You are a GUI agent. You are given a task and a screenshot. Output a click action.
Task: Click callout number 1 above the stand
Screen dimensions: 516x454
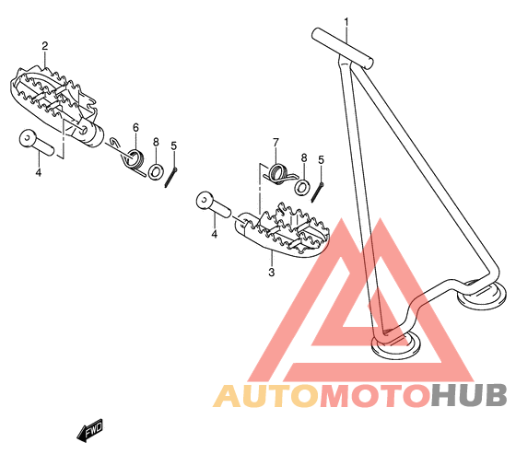(346, 22)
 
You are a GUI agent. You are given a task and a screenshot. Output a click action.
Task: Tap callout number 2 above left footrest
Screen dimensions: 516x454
(45, 46)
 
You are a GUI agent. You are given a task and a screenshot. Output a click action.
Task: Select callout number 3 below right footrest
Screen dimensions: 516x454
(272, 273)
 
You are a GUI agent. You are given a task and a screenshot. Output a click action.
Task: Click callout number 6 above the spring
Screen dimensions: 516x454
(135, 127)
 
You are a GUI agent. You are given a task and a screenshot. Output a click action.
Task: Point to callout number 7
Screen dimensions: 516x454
(276, 143)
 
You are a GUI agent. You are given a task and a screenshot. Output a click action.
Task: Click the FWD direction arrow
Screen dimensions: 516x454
(90, 430)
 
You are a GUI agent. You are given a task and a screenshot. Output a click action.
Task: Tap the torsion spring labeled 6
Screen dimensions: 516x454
(131, 159)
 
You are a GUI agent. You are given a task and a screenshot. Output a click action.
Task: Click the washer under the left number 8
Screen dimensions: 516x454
(156, 171)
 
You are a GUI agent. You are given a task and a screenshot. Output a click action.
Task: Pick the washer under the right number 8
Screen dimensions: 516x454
(302, 187)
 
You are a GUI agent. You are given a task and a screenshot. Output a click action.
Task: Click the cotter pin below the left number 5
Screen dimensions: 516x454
(171, 178)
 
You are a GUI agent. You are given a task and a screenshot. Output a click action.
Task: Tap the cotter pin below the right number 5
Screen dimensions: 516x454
(317, 192)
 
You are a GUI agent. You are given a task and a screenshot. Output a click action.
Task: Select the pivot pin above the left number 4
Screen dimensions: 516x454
(36, 142)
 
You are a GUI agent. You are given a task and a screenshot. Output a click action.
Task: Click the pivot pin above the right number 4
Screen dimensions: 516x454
(213, 204)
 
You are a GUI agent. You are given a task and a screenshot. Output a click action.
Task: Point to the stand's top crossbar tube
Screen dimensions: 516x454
(343, 48)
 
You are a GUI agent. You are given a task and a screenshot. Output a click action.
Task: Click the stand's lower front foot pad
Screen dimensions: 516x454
(395, 344)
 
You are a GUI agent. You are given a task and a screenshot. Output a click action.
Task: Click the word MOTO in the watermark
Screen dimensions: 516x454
(376, 395)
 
